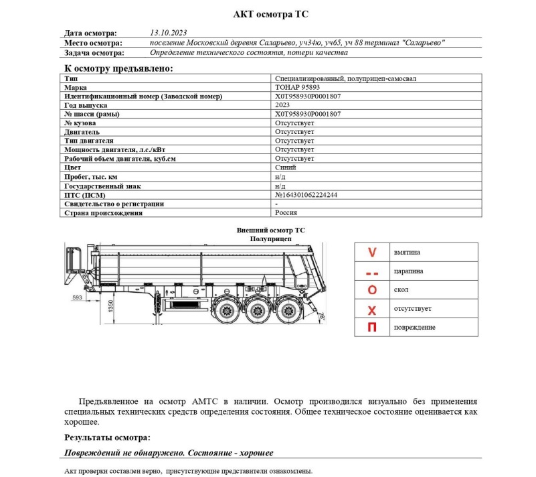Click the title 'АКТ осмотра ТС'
click(x=270, y=13)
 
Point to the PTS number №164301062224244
click(x=306, y=195)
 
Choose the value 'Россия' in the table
click(x=287, y=212)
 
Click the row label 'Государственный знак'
click(x=102, y=186)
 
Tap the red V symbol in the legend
click(x=373, y=253)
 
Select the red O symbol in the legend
click(x=373, y=290)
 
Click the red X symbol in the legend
click(x=373, y=309)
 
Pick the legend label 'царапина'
click(x=409, y=271)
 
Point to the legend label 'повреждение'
click(x=415, y=328)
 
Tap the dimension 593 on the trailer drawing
click(x=77, y=297)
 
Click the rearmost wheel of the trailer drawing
click(x=290, y=312)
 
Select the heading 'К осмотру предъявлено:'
click(x=118, y=68)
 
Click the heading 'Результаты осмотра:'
click(x=107, y=437)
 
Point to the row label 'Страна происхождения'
click(x=103, y=212)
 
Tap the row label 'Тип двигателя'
click(x=89, y=141)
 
